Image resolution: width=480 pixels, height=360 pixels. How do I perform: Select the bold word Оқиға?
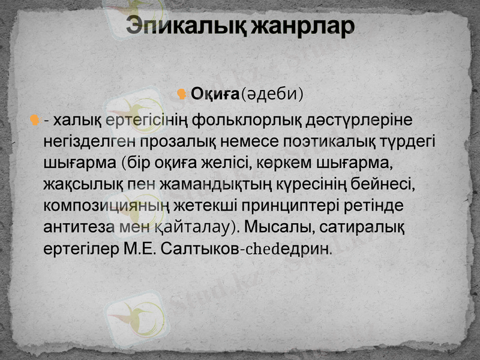[215, 94]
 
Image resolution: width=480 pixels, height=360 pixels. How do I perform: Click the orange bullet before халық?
[35, 121]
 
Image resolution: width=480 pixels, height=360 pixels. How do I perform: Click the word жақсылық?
[82, 184]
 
